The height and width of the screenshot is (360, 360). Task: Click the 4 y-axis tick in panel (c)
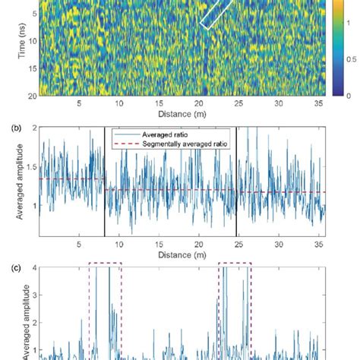tap(31, 267)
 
